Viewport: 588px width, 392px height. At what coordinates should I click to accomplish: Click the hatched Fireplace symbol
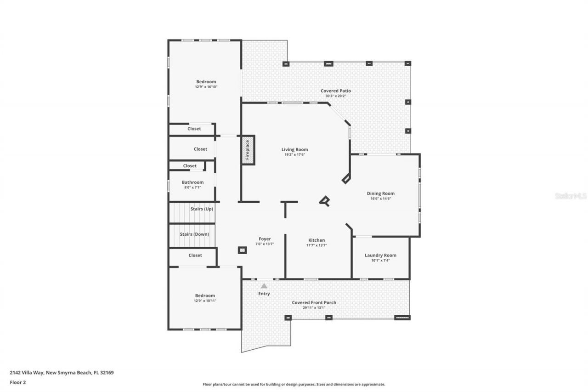[x=248, y=150]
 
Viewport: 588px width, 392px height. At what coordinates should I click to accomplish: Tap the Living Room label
[x=294, y=149]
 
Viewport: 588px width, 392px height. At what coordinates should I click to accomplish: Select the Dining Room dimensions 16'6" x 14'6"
[x=380, y=199]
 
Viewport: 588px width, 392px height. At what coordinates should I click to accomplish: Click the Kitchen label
[x=317, y=240]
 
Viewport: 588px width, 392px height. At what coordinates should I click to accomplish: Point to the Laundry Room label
[x=380, y=255]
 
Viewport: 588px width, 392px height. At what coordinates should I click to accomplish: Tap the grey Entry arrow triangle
[x=264, y=286]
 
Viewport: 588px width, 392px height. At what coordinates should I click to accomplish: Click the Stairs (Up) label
[x=202, y=209]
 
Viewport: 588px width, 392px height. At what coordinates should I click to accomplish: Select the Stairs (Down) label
[x=194, y=234]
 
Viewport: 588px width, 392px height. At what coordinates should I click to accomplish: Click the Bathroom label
[x=192, y=182]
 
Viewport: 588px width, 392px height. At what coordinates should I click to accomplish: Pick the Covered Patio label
[x=335, y=91]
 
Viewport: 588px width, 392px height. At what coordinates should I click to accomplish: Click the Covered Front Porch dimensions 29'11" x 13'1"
[x=314, y=307]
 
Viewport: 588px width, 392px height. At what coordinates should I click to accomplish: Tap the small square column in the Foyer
[x=242, y=250]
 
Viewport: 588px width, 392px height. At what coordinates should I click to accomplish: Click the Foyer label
[x=265, y=239]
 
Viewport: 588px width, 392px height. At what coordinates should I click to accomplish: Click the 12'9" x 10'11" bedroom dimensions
[x=205, y=301]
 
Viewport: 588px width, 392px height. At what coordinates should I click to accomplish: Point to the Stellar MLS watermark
[x=571, y=196]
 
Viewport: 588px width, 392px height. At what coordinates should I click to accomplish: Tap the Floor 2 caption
[x=17, y=382]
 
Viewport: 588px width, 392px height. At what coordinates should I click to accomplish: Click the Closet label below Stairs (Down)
[x=195, y=255]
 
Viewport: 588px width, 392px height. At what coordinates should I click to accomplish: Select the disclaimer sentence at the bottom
[x=294, y=384]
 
